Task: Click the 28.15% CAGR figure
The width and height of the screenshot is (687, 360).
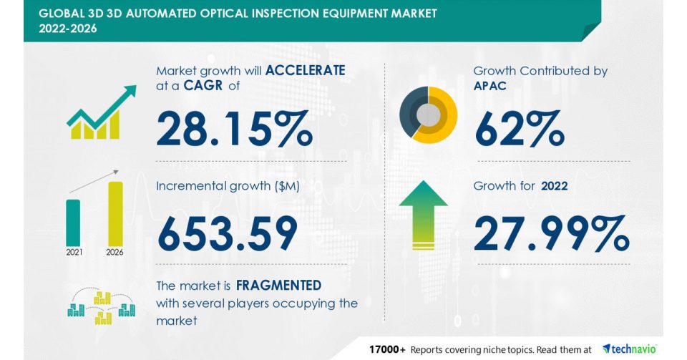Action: coord(235,128)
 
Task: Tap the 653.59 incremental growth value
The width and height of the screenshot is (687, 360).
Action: coord(228,233)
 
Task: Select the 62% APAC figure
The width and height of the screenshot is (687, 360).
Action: coord(520,128)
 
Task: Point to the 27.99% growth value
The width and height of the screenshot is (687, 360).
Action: coord(551,233)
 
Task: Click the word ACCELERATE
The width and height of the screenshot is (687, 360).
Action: coord(306,70)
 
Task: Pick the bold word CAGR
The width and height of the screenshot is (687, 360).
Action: coord(203,85)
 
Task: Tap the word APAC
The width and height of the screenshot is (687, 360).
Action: coord(489,86)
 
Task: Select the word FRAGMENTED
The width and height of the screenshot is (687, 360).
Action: coord(278,286)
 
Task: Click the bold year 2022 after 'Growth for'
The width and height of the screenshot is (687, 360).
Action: coord(554,186)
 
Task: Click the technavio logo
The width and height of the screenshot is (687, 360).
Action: coord(630,349)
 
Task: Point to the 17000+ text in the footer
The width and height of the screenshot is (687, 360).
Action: coord(387,349)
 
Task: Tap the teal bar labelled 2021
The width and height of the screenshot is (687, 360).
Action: coord(73,223)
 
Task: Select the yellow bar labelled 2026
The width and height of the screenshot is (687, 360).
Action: coord(116,214)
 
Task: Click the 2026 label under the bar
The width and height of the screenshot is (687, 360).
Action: coord(114,252)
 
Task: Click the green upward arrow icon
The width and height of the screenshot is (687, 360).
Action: coord(423,215)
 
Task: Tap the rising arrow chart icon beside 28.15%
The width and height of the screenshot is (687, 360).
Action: coord(102,112)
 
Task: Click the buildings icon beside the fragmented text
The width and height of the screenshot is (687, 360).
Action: coord(101,306)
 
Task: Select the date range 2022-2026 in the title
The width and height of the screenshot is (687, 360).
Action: coord(68,29)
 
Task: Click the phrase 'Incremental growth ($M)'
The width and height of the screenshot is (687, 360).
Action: coord(228,186)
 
